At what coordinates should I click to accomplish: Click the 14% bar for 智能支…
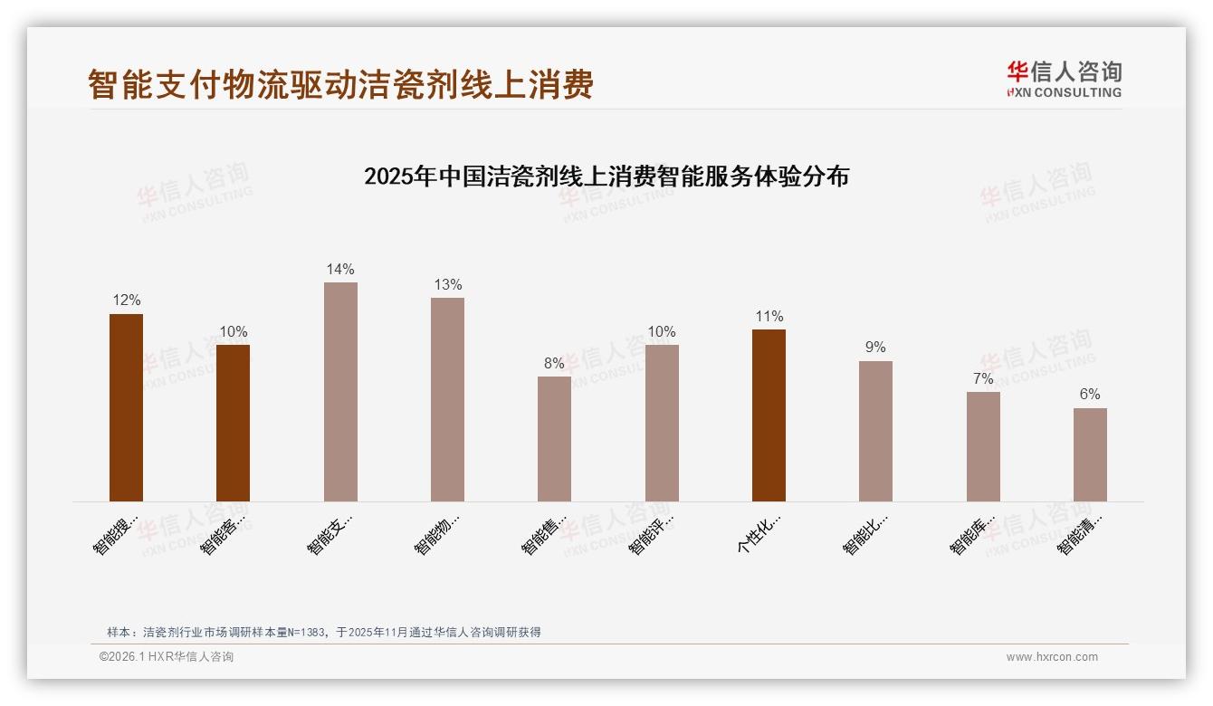click(x=340, y=391)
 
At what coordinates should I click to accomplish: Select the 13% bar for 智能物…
click(x=447, y=399)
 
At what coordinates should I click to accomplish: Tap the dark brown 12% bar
click(x=126, y=407)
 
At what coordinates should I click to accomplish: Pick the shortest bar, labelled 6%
click(x=1090, y=454)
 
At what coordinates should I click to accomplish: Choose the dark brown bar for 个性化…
click(x=769, y=415)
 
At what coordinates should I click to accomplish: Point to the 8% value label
click(x=554, y=363)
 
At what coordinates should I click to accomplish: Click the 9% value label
click(x=875, y=348)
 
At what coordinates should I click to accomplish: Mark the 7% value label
click(x=983, y=378)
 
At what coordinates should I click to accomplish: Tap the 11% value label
click(x=769, y=316)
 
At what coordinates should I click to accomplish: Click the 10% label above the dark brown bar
click(x=233, y=331)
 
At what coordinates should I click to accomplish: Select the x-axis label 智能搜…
click(x=116, y=534)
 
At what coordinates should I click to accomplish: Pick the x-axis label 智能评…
click(x=652, y=534)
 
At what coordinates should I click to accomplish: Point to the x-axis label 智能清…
click(x=1080, y=534)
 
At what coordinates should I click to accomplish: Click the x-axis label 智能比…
click(x=865, y=534)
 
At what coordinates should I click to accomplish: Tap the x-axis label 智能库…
click(x=973, y=534)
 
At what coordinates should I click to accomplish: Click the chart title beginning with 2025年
click(x=606, y=176)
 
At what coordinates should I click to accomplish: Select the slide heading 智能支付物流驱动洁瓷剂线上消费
click(x=340, y=84)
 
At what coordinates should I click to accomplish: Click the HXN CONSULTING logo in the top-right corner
click(x=1064, y=80)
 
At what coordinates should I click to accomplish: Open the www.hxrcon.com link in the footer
click(x=1052, y=657)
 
